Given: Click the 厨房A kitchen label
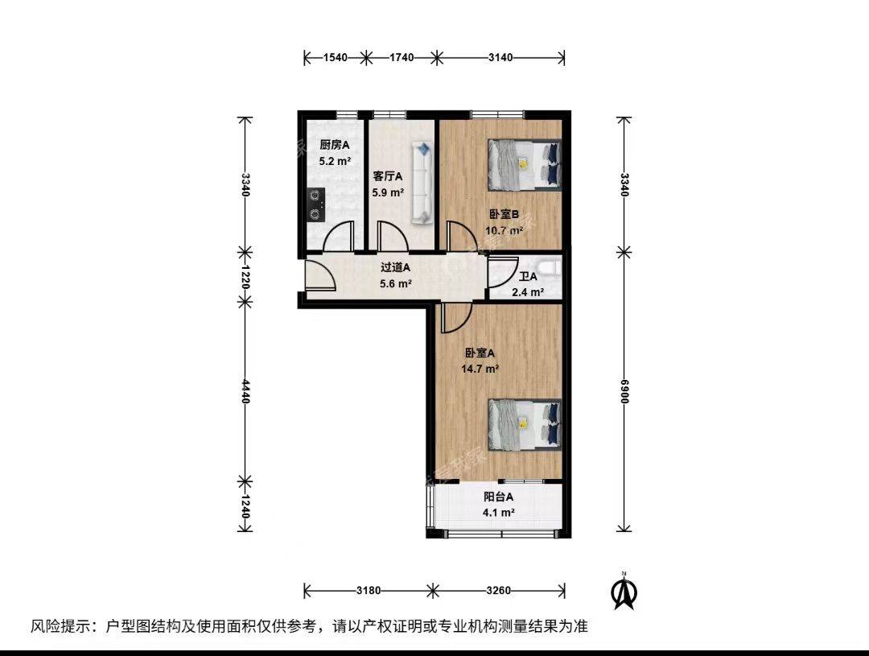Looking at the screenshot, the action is pos(335,145).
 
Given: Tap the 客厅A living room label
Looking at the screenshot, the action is pos(388,177).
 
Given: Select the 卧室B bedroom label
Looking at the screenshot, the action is pos(504,214).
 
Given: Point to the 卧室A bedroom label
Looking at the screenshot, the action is pos(480,353).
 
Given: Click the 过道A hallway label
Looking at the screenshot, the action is pos(395,267).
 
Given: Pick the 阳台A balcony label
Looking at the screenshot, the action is pos(498,497).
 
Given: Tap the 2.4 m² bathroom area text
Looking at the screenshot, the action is pos(528,292).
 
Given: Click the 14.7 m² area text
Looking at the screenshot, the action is pos(480,368).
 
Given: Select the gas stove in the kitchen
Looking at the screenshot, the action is pos(316,204).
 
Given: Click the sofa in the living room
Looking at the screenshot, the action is pos(422,183).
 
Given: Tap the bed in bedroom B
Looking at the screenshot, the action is pos(525,165).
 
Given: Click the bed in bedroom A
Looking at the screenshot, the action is pos(525,424).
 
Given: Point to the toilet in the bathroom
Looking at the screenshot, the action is pos(552,267).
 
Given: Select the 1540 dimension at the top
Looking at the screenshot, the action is pos(335,57).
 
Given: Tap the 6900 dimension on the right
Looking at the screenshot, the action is pos(624,391).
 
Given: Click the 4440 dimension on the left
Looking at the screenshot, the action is pos(245,391).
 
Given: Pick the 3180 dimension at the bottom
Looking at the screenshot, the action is pos(369,591).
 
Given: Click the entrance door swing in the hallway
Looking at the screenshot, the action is pos(320,275).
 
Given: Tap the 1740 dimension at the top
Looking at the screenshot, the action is pos(402,57).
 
